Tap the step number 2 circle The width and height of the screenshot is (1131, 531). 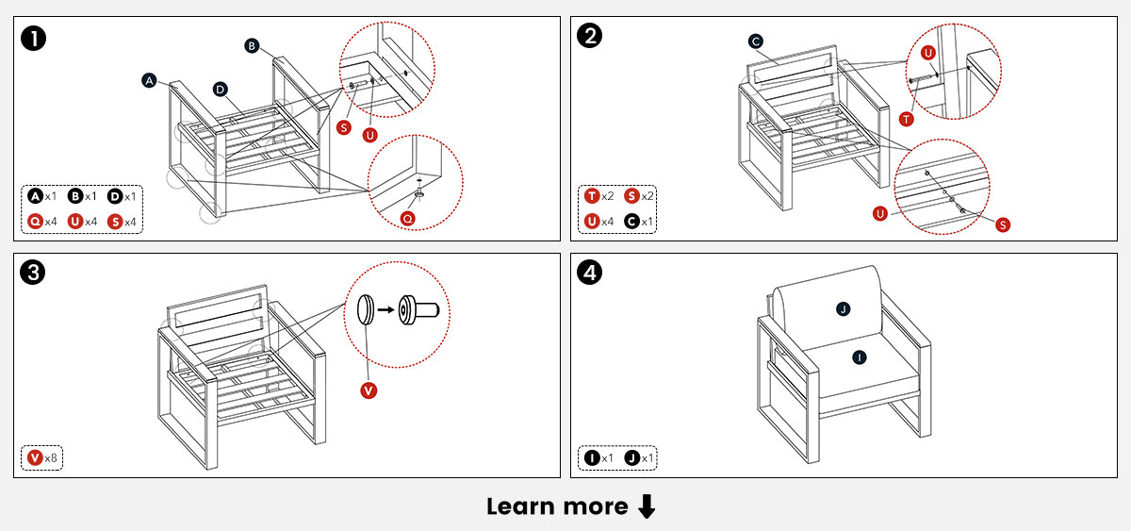(590, 38)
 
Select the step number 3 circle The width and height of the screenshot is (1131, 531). (34, 274)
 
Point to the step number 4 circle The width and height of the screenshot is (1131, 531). (590, 274)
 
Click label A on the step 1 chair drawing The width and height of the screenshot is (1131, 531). (149, 81)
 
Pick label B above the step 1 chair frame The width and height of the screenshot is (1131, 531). (252, 45)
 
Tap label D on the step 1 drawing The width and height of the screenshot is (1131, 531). (220, 90)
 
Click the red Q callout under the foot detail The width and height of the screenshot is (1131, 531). (407, 218)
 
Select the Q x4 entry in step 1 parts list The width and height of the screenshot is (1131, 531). (42, 221)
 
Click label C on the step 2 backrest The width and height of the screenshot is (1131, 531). (756, 41)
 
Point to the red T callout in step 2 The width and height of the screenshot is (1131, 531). (906, 119)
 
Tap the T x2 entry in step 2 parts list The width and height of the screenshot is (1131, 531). (599, 196)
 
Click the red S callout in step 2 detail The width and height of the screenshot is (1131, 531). (1002, 224)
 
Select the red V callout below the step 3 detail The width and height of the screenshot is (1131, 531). (369, 390)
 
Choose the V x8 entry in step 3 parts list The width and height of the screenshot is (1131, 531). (42, 457)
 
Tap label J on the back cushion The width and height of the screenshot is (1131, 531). (844, 308)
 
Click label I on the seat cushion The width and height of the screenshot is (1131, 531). (859, 357)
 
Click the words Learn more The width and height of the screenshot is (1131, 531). (556, 506)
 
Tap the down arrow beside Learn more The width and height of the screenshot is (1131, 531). (647, 507)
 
